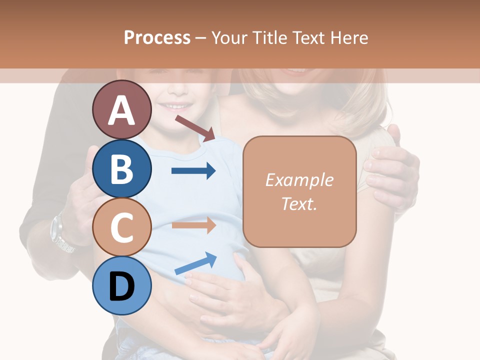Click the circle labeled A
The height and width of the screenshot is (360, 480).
(x=121, y=110)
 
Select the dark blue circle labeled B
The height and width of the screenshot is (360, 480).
(x=121, y=168)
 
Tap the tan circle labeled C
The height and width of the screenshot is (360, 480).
(x=121, y=227)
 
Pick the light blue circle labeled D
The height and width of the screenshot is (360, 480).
(x=121, y=285)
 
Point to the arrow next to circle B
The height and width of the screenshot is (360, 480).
(x=193, y=171)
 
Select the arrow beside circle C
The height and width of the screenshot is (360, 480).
(x=193, y=225)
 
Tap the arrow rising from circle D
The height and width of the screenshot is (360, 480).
(x=195, y=263)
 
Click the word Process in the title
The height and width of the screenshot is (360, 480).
(x=157, y=37)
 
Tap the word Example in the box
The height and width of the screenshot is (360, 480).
(x=299, y=180)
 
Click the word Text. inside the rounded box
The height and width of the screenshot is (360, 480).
(x=299, y=203)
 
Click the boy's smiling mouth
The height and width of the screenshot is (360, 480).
(x=178, y=106)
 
